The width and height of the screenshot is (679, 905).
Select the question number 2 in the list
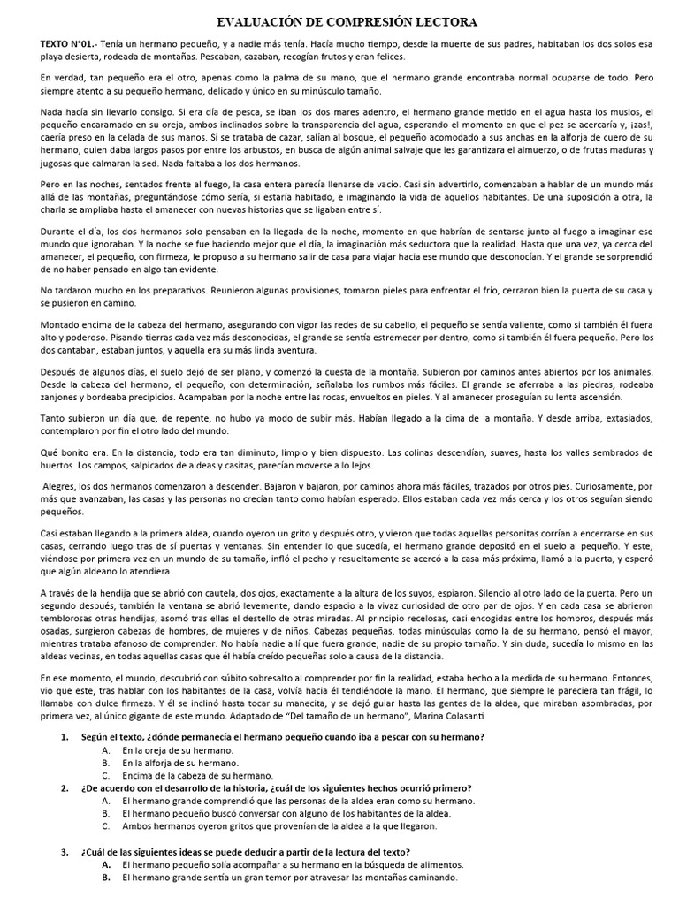(x=65, y=787)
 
